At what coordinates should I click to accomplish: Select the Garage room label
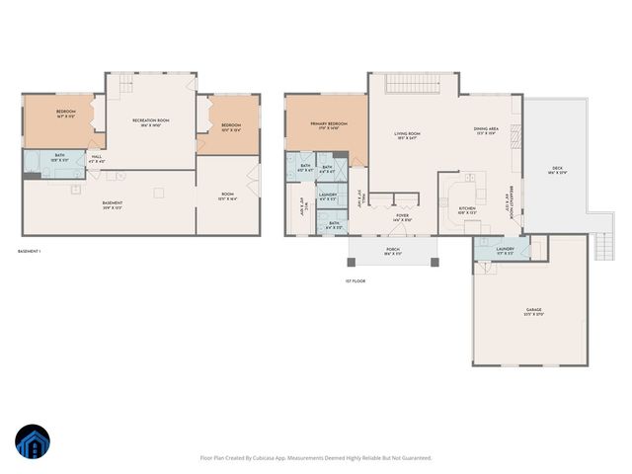(533, 310)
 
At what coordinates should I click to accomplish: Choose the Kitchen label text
(467, 207)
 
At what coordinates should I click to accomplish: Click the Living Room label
(408, 132)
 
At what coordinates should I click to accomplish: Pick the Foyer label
(403, 214)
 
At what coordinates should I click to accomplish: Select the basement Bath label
(60, 154)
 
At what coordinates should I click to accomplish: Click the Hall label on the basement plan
(97, 156)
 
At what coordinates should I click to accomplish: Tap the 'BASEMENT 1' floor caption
(30, 252)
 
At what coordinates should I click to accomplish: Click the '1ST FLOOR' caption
(355, 281)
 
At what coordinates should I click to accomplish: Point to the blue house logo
(32, 441)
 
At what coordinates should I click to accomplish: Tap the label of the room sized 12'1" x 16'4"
(227, 195)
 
